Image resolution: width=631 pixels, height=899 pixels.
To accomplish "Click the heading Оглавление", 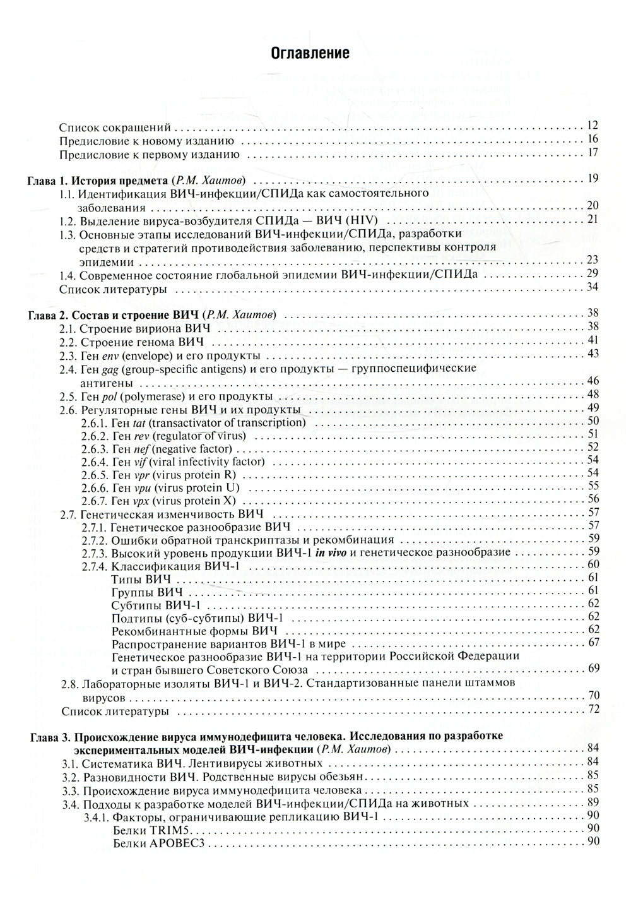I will click(x=310, y=53).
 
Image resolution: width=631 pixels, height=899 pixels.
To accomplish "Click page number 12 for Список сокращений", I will click(x=592, y=125).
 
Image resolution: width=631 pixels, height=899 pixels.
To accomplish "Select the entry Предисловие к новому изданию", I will click(x=147, y=140).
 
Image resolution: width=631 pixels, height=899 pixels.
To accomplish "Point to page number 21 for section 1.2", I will click(x=592, y=219).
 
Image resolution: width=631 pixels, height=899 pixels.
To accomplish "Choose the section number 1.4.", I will click(x=68, y=275).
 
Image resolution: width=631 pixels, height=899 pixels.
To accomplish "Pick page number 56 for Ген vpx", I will click(x=592, y=499).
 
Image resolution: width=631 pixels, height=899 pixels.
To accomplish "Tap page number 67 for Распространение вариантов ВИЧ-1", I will click(x=592, y=643).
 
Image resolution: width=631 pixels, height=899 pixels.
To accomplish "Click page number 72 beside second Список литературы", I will click(x=592, y=709).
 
